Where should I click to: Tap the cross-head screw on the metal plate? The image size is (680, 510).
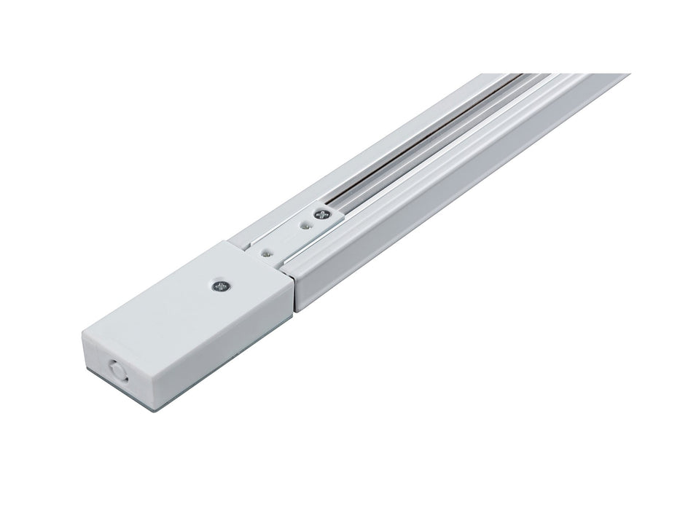[321, 216]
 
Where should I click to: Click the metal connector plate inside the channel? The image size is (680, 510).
[284, 237]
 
